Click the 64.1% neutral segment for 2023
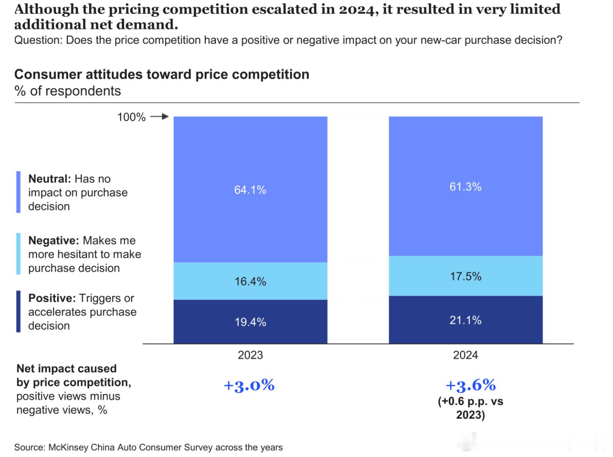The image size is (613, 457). pos(250,190)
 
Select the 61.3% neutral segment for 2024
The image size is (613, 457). pos(465,187)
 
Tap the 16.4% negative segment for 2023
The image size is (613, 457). pos(250,281)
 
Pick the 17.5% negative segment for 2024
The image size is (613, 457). pos(465,276)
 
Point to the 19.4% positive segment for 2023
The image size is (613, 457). pos(250,322)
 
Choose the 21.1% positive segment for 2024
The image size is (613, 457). pos(465,320)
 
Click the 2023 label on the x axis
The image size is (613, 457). pos(250,355)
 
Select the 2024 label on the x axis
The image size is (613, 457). pos(465,355)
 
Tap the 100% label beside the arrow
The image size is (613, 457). pos(131,117)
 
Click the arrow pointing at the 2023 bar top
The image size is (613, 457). pos(160,117)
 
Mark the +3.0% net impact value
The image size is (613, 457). pos(249,385)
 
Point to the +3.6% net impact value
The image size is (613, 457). pos(470,385)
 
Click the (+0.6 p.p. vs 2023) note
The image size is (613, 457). pos(470,408)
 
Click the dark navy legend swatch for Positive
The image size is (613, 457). pos(18,311)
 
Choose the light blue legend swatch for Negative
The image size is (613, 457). pos(18,254)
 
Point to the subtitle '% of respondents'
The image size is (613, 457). pos(68,91)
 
